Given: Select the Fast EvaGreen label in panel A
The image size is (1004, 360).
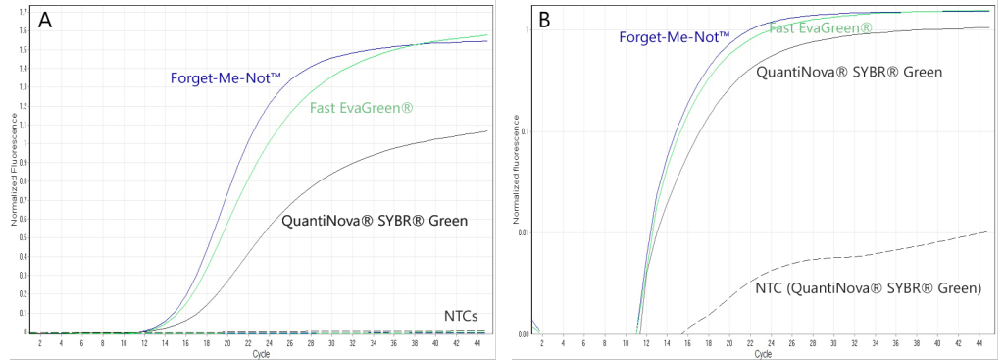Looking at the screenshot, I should (x=360, y=107).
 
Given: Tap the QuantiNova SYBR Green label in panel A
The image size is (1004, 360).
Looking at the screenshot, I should (x=374, y=220).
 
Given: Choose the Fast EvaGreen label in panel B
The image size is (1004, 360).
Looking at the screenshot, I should (x=821, y=27).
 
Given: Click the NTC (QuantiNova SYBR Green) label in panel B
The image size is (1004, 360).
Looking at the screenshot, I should (x=868, y=288).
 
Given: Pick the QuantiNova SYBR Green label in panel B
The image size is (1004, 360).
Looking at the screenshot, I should (x=849, y=72).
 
